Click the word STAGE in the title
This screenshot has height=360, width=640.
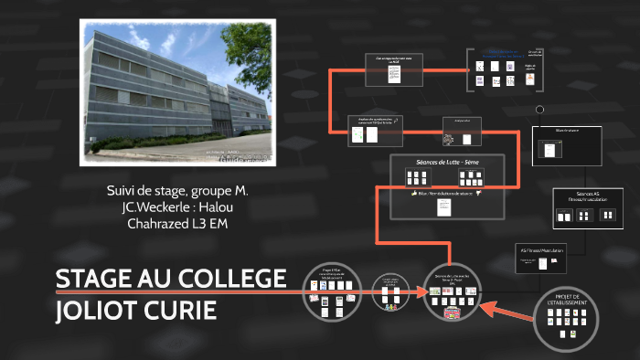(x=92, y=278)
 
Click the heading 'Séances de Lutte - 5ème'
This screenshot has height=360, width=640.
(x=447, y=162)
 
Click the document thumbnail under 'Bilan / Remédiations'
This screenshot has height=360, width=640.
(x=443, y=207)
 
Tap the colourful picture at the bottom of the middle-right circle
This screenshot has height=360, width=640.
(x=453, y=314)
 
